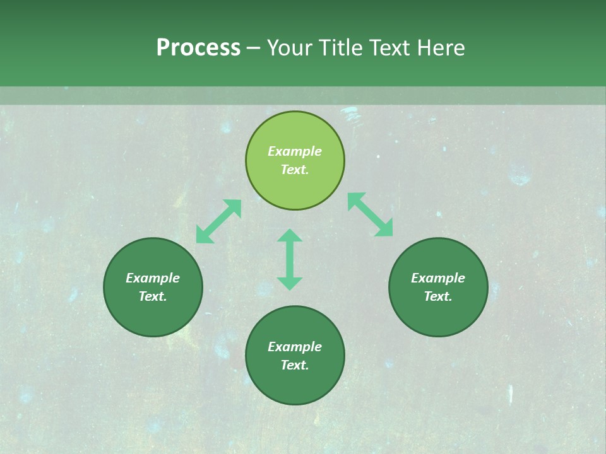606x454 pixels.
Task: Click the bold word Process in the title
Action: (x=198, y=48)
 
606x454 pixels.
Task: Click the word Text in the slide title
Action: (x=390, y=48)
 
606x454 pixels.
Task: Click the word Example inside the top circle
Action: (x=295, y=151)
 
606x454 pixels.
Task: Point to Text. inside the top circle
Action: (x=295, y=170)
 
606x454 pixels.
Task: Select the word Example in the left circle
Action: (x=153, y=278)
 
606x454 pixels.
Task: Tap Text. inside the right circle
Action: (x=438, y=296)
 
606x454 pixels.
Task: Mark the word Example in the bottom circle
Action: (x=295, y=347)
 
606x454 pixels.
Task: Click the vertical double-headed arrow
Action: (x=290, y=259)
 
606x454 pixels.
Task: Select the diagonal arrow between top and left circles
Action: (x=218, y=221)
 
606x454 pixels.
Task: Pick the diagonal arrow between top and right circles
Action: (x=371, y=214)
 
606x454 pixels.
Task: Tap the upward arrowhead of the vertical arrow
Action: (x=290, y=236)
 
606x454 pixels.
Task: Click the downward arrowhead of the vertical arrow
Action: (x=290, y=283)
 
